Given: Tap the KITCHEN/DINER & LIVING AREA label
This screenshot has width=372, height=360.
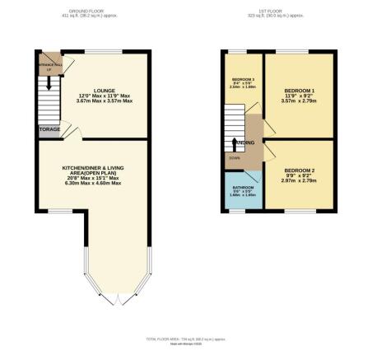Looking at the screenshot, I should coord(92,170).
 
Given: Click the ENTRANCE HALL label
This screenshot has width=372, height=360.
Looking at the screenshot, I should coord(48,64).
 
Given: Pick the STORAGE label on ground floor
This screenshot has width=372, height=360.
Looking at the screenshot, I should coord(48,129).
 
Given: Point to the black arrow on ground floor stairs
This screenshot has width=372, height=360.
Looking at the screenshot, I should coord(49,84).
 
